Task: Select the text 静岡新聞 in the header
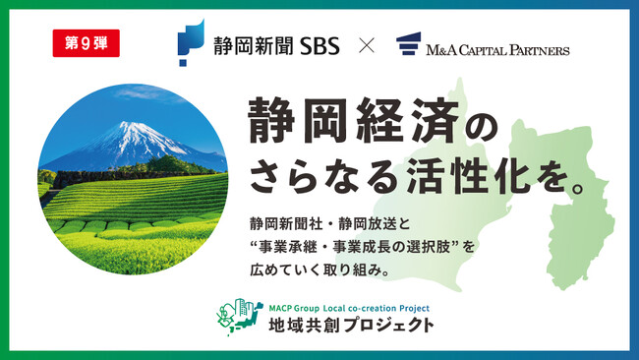(245, 46)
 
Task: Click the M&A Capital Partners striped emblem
(410, 45)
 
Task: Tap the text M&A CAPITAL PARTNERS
(499, 46)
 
